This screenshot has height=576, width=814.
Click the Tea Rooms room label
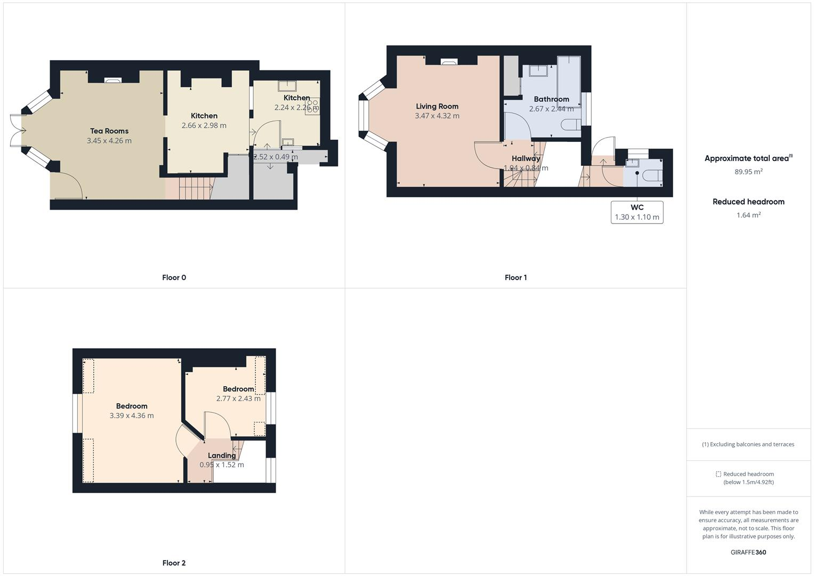pyautogui.click(x=109, y=131)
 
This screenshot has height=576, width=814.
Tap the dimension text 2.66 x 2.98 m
pyautogui.click(x=204, y=126)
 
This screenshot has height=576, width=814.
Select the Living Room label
pyautogui.click(x=437, y=106)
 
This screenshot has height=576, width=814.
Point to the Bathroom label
pyautogui.click(x=551, y=99)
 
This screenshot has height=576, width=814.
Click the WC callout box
pyautogui.click(x=637, y=212)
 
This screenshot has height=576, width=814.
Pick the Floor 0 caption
pyautogui.click(x=174, y=277)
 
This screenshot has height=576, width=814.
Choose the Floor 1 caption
pyautogui.click(x=515, y=277)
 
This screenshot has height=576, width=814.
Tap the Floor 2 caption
pyautogui.click(x=174, y=563)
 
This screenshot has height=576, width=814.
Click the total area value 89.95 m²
pyautogui.click(x=748, y=172)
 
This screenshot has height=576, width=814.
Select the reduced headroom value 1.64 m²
pyautogui.click(x=748, y=215)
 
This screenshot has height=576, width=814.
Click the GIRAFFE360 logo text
pyautogui.click(x=748, y=553)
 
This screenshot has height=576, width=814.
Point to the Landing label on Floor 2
pyautogui.click(x=222, y=455)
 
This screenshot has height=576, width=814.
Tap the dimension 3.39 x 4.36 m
pyautogui.click(x=132, y=416)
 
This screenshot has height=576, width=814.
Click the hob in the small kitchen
pyautogui.click(x=312, y=106)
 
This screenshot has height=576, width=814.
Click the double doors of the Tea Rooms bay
pyautogui.click(x=17, y=130)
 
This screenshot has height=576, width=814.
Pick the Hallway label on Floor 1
pyautogui.click(x=526, y=158)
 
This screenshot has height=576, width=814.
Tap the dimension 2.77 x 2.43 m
pyautogui.click(x=238, y=399)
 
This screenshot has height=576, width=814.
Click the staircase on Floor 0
pyautogui.click(x=195, y=188)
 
